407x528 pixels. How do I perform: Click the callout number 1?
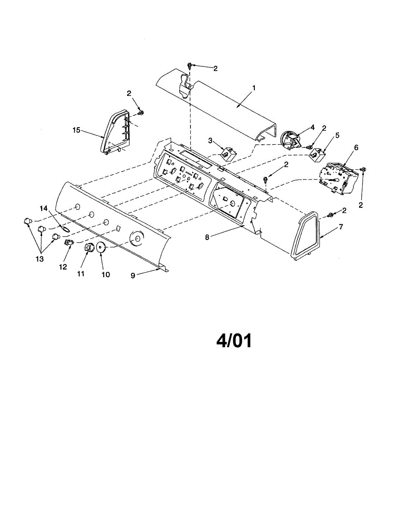coord(254,88)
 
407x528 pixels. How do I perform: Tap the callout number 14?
coord(44,208)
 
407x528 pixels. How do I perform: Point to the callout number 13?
coord(40,259)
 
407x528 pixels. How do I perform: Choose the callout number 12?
coord(64,267)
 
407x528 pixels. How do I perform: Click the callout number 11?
coord(81,274)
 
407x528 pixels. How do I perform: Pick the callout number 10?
coord(106,274)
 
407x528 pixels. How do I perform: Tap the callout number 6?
coord(356,147)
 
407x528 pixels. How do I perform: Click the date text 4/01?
coord(234,341)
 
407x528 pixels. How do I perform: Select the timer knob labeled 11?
coord(88,249)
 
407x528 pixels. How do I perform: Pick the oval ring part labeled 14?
coord(64,229)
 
